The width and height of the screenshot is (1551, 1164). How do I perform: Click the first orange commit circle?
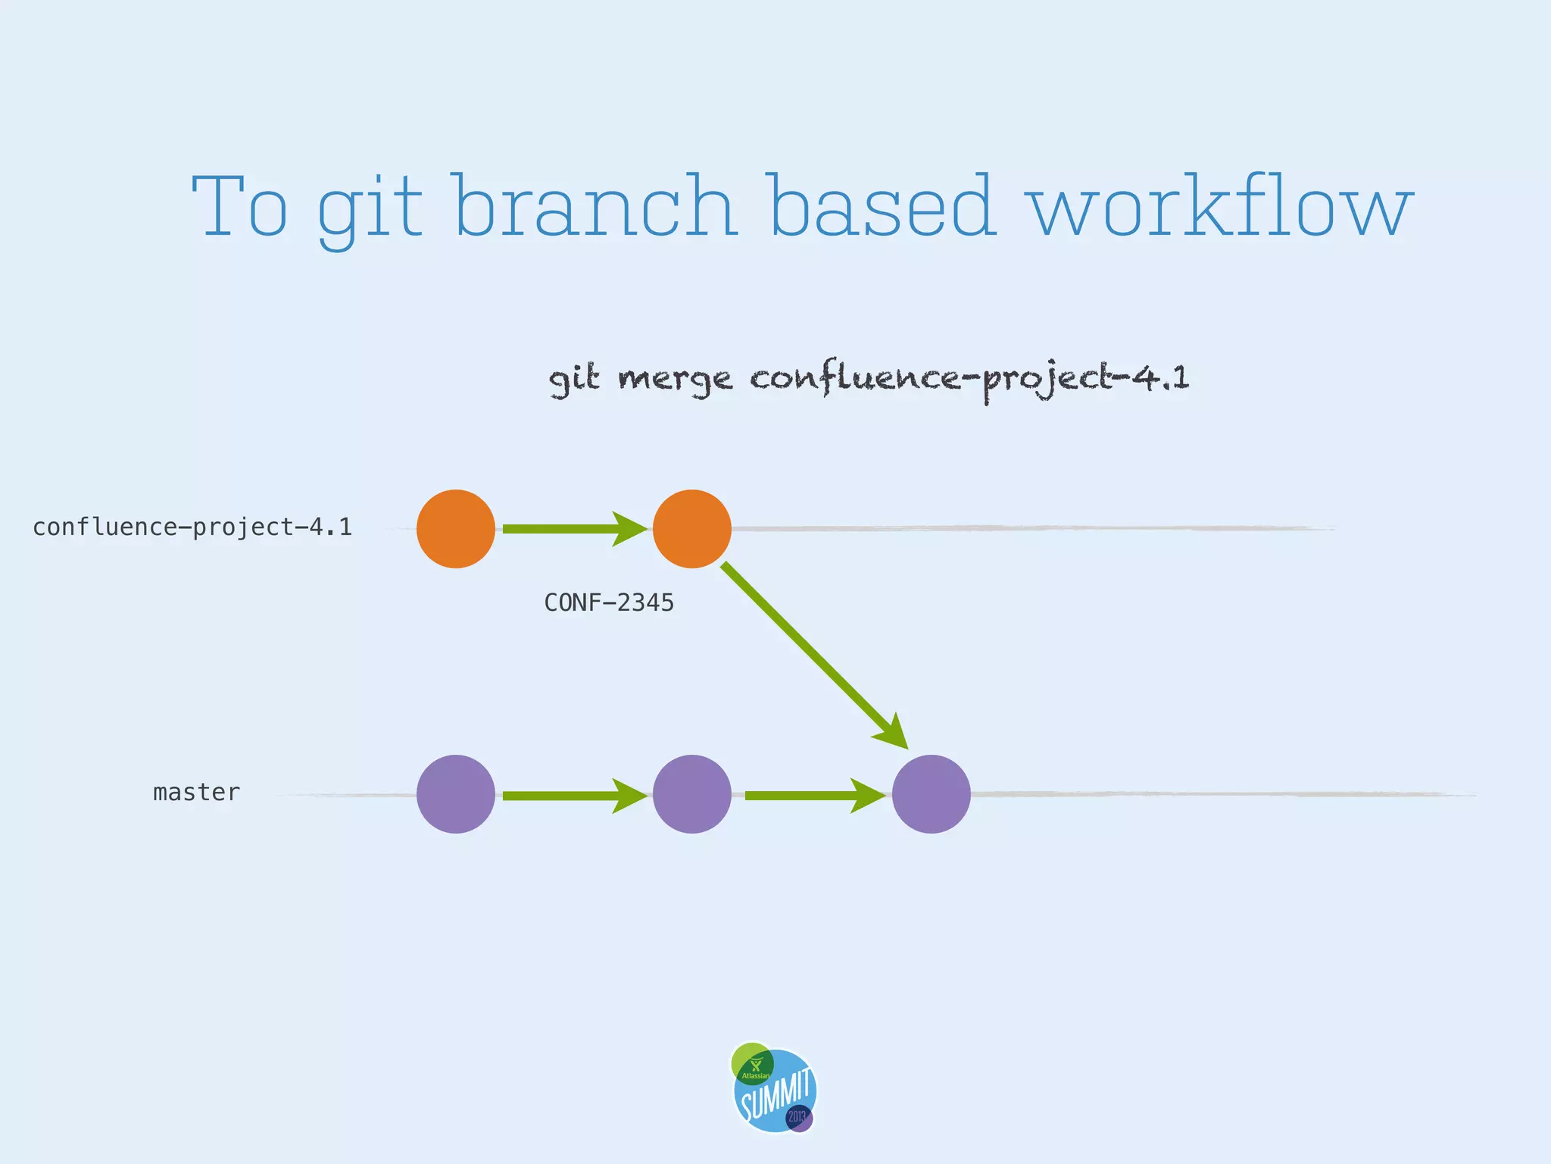click(455, 528)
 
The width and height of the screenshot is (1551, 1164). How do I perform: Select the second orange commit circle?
click(691, 528)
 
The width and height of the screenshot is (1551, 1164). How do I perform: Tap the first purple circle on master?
click(455, 793)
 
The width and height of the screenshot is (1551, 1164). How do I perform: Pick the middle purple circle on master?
click(691, 793)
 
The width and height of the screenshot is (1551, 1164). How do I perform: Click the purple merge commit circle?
click(931, 793)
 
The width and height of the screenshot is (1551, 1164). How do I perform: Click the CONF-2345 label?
click(609, 602)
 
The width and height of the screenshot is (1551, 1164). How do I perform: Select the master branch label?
click(196, 792)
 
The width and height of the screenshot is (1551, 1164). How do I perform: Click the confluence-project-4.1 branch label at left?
click(192, 527)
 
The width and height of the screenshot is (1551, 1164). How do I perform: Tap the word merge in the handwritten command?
click(675, 378)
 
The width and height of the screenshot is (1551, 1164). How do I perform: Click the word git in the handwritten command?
click(573, 378)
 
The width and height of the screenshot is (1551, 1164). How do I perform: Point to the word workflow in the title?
click(1221, 206)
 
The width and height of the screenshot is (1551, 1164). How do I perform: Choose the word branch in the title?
click(596, 206)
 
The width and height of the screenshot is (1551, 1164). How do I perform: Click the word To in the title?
click(240, 206)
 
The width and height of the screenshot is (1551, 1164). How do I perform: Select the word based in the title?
click(881, 206)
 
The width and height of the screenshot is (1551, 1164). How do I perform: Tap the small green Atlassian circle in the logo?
click(752, 1063)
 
